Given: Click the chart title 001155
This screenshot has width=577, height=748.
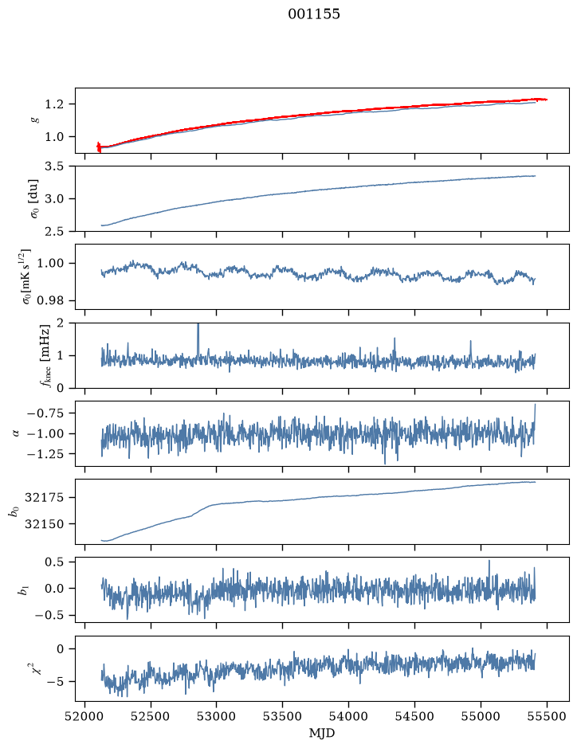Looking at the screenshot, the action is coord(313,14).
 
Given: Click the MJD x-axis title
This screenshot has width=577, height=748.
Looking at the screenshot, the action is coord(322,733).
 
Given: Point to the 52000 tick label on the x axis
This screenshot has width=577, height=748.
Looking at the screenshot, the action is coord(85,716).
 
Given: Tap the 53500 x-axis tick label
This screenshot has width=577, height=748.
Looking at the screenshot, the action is coord(283,716).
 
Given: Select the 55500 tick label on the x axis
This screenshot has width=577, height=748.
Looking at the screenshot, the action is coord(547,716).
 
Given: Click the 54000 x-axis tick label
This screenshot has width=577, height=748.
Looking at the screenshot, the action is coord(348,716).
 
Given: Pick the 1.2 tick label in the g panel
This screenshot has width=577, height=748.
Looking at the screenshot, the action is coord(54,104).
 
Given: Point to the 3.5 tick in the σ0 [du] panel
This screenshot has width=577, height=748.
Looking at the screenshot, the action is coord(54,166).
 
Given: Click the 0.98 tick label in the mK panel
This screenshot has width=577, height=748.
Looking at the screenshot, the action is coord(50,300).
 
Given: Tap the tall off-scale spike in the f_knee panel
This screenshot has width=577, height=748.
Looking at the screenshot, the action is coord(198,339).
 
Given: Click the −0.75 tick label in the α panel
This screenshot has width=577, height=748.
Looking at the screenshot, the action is coord(45,413).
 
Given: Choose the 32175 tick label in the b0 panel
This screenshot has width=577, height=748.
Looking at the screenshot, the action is coord(44,498).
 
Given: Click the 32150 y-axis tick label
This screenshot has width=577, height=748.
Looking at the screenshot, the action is coord(44,524).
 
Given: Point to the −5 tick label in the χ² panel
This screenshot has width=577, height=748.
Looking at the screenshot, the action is coord(55,682).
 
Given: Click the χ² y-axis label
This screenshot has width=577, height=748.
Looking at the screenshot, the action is coord(35,668).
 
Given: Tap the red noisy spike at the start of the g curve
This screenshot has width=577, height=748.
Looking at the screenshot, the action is coord(99,147).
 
